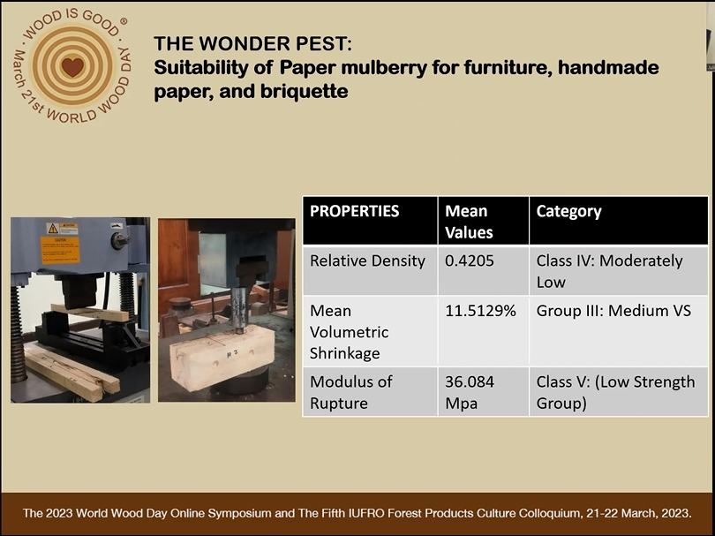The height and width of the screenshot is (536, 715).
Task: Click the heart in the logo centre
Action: (73, 67)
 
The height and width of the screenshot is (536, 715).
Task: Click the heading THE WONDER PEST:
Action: (253, 44)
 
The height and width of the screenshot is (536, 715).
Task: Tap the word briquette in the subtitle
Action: (305, 91)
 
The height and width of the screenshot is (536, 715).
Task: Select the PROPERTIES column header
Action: (354, 211)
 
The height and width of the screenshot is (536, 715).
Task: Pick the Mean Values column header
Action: (469, 222)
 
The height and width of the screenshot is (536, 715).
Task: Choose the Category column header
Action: (568, 212)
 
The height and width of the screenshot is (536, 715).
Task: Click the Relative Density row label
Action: (367, 260)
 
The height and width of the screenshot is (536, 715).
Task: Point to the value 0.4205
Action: (470, 260)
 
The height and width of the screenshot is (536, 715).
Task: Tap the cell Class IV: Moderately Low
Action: (609, 271)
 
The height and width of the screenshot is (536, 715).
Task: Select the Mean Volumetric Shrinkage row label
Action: (350, 332)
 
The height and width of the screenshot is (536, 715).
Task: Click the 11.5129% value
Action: (480, 311)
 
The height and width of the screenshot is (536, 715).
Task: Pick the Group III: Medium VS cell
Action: (613, 311)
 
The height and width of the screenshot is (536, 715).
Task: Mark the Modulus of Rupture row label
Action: (351, 392)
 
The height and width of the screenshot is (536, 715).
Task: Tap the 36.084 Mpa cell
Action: (470, 392)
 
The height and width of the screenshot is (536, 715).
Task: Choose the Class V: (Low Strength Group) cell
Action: (615, 392)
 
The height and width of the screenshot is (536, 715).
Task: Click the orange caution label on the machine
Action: (60, 250)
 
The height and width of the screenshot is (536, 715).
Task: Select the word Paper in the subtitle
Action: (308, 68)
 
